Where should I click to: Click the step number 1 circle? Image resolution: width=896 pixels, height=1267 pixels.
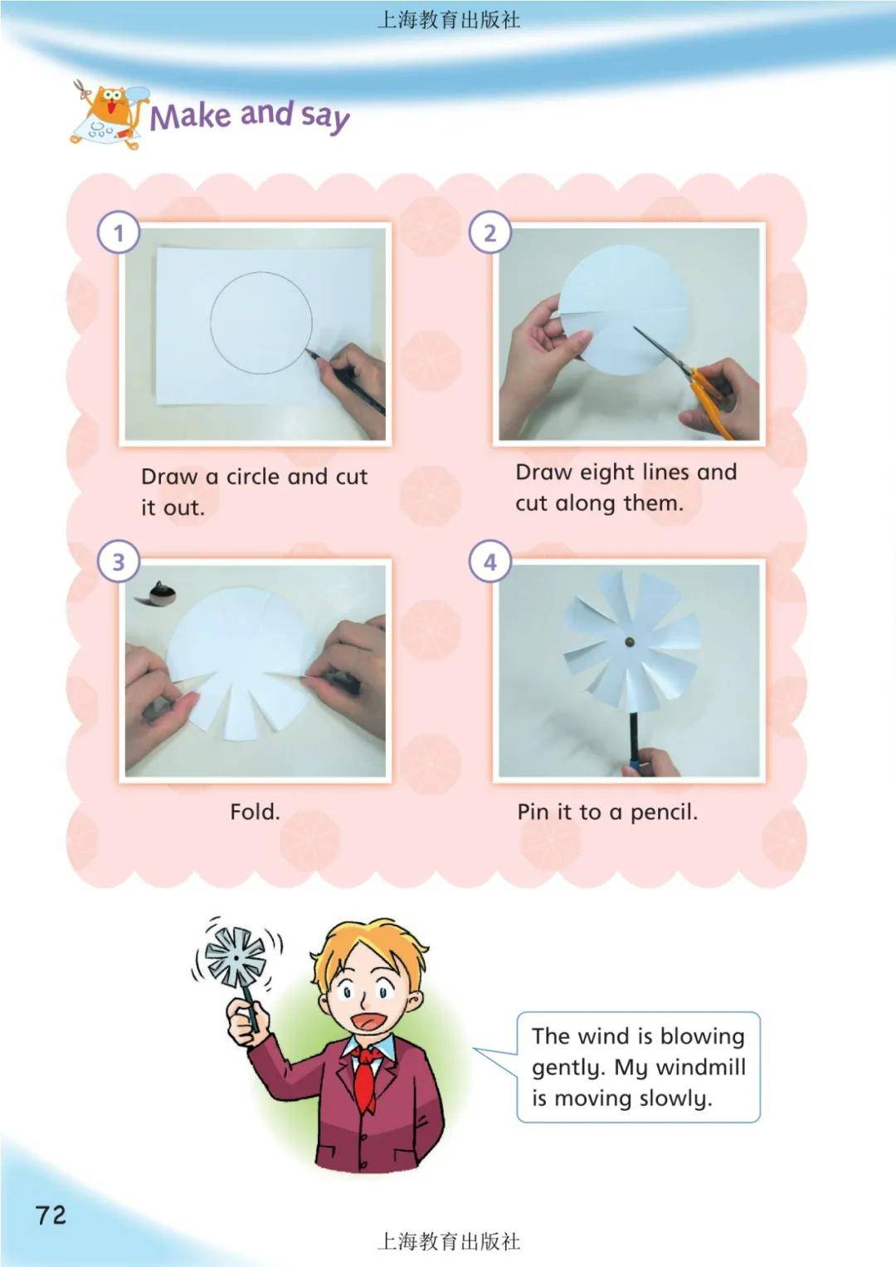point(119,232)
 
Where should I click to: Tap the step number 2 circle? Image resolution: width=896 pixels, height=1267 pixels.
point(490,232)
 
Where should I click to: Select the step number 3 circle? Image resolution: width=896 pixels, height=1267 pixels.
point(119,561)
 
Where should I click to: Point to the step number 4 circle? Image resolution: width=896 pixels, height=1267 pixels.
point(490,561)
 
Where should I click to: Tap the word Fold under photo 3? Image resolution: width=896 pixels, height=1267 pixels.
point(255,812)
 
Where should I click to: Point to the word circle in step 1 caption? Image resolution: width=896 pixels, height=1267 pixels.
point(254,477)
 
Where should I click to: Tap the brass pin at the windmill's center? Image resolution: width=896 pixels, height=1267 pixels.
point(629,642)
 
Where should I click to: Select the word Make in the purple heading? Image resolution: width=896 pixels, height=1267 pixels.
point(191,116)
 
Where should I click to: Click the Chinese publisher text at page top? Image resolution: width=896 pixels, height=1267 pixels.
point(448,21)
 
